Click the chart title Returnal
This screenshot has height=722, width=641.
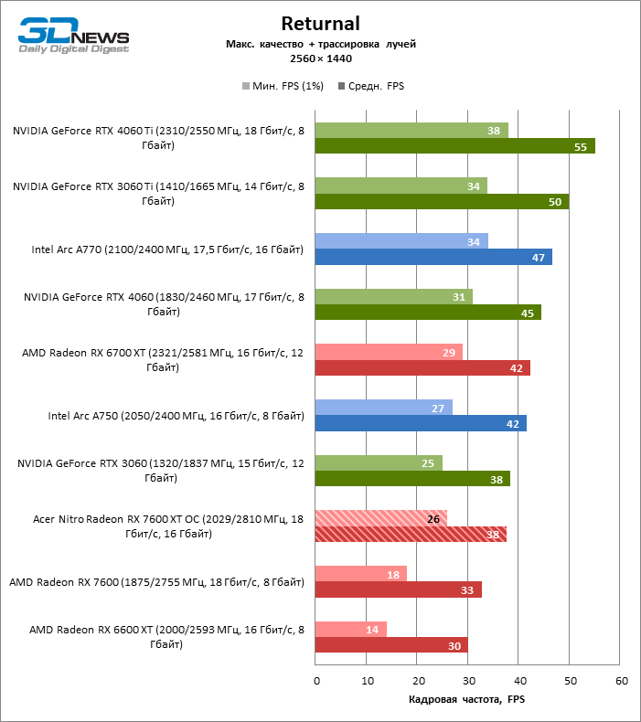(x=320, y=24)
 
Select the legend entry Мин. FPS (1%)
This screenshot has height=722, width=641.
(x=278, y=87)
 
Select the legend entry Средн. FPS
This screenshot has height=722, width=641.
(x=371, y=87)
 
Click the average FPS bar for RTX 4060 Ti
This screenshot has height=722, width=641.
(x=454, y=146)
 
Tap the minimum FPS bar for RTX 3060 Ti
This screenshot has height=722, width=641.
(x=401, y=186)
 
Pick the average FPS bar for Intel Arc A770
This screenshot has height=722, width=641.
(x=433, y=257)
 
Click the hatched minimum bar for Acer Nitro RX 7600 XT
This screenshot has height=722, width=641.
(x=380, y=518)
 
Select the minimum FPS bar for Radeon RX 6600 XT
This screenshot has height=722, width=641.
(x=350, y=629)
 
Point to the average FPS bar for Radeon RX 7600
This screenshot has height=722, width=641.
(x=398, y=589)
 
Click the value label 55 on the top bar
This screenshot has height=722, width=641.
(x=581, y=146)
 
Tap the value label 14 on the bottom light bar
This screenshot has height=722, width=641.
(x=372, y=629)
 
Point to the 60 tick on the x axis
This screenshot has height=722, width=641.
(x=621, y=681)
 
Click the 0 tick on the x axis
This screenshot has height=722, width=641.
(x=316, y=681)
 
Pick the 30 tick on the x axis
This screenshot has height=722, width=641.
(x=467, y=681)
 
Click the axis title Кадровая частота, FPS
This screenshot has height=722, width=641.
(x=467, y=700)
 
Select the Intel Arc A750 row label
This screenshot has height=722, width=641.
(x=176, y=416)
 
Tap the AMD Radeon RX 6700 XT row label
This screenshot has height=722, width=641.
(x=163, y=360)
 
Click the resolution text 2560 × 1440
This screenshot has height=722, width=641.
(x=320, y=58)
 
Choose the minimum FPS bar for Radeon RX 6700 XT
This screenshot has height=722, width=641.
(x=389, y=352)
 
